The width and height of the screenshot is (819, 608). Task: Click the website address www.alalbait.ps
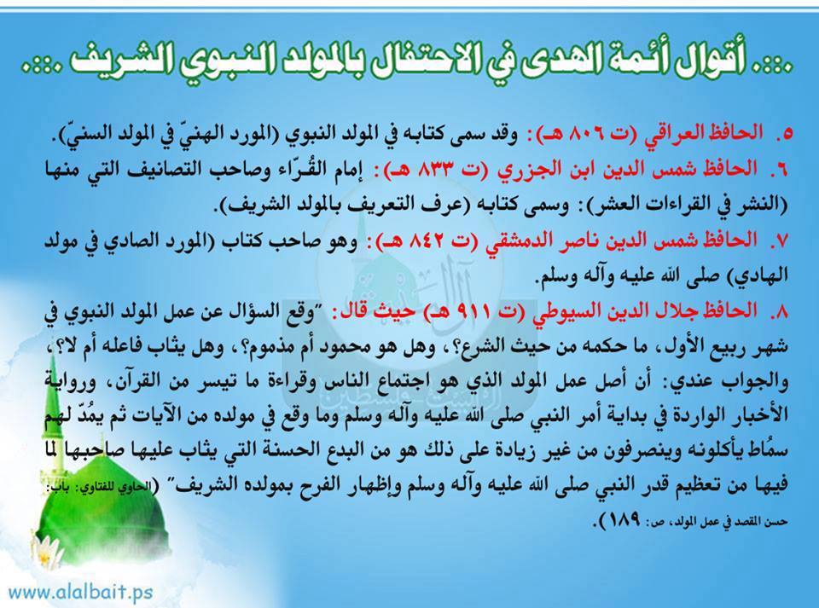pyautogui.click(x=81, y=593)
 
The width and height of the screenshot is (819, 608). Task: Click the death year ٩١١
pyautogui.click(x=475, y=312)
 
